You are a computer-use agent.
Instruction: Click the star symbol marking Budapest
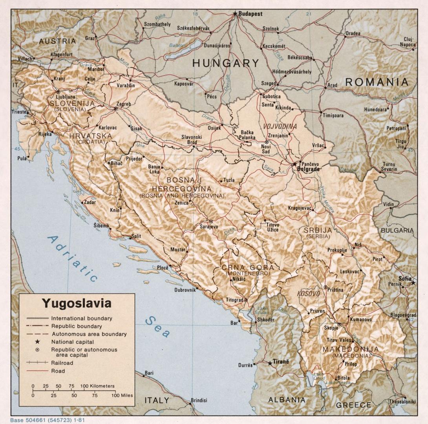point(235,14)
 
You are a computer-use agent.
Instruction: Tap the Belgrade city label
point(309,170)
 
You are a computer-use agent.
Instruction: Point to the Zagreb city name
point(124,104)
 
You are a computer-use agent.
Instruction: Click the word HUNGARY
point(226,63)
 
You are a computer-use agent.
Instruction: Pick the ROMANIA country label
point(377,82)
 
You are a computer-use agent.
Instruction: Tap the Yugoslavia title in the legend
point(77,303)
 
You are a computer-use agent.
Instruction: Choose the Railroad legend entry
point(62,363)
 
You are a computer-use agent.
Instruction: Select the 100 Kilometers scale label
point(97,386)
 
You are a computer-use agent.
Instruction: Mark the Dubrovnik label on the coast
point(185,290)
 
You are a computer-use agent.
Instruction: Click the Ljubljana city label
point(66,97)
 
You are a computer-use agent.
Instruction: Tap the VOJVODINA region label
point(280,126)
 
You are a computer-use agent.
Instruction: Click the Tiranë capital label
point(281,362)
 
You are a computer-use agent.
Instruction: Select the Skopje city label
point(331,328)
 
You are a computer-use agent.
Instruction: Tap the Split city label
point(136,236)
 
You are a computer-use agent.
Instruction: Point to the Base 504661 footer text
point(47,420)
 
